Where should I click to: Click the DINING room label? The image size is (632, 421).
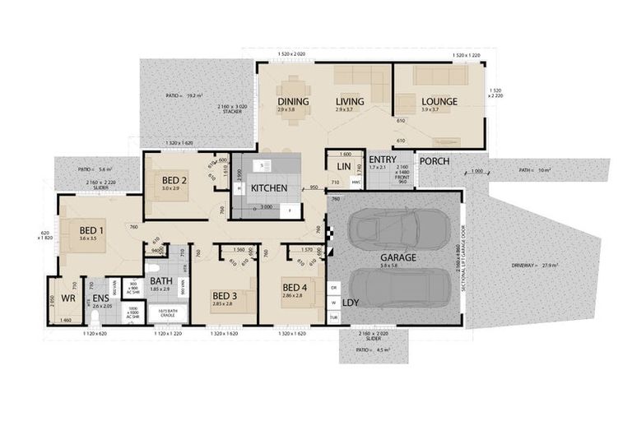tap(292, 102)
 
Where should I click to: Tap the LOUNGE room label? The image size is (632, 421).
tap(439, 102)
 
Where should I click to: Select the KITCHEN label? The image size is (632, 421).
tap(269, 188)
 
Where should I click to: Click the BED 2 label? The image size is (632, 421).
tap(174, 180)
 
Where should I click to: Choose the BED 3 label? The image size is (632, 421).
tap(225, 295)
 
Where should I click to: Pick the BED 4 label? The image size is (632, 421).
tap(295, 287)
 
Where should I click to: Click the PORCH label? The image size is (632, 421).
tap(434, 160)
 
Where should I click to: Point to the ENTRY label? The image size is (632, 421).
tap(383, 160)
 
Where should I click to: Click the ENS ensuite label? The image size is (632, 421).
tap(100, 298)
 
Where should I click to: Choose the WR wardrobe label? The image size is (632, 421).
tap(68, 298)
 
